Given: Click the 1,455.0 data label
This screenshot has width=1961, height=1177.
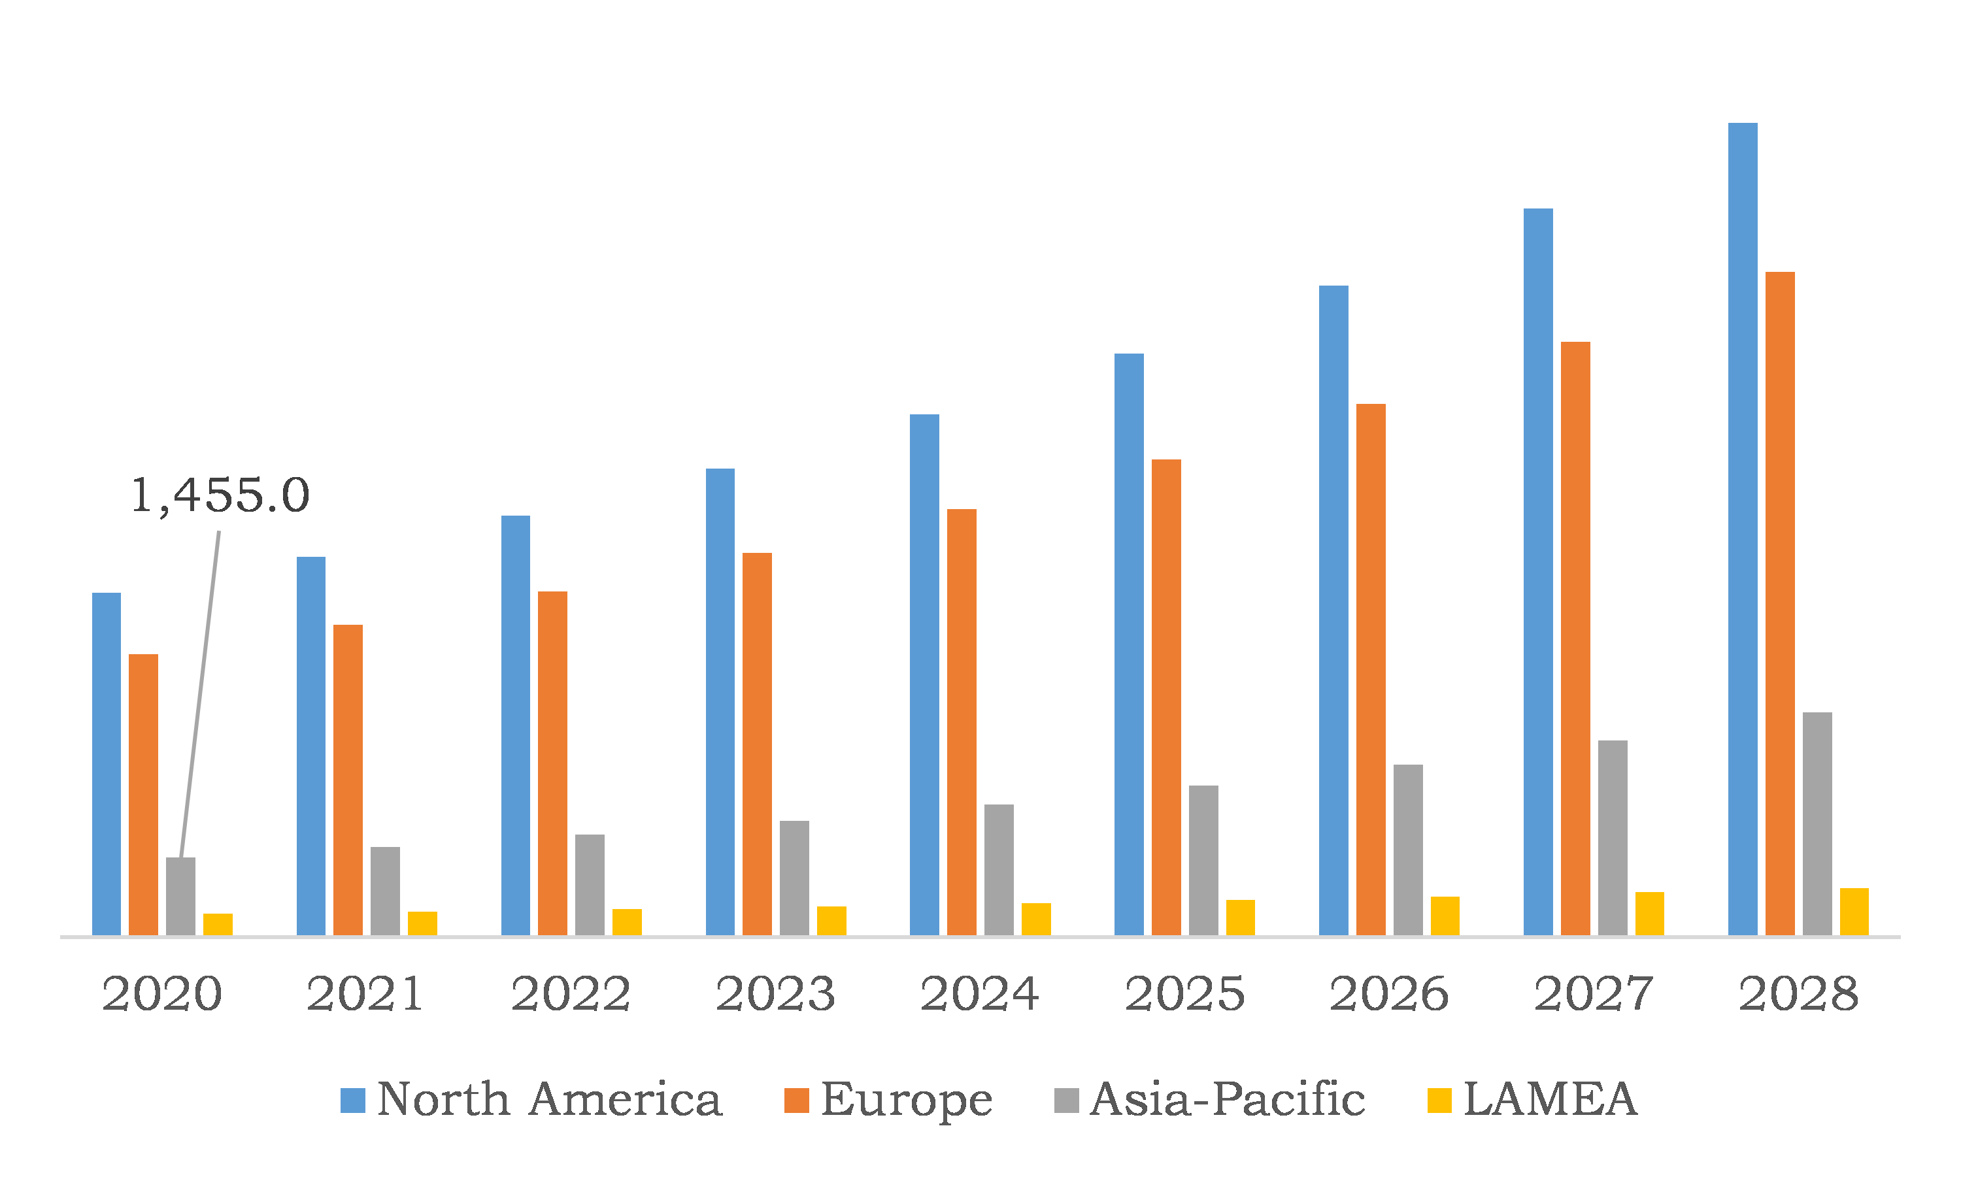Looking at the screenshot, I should [220, 496].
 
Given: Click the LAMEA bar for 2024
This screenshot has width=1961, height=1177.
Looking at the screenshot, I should [1036, 920].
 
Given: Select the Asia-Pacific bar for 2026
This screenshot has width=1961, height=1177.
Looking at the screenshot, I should [1408, 850].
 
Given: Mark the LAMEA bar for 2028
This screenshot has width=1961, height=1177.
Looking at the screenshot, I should [1854, 912].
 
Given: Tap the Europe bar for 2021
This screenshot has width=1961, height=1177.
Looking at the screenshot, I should [348, 780].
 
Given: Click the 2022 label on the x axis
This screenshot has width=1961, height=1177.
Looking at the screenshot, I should [571, 994].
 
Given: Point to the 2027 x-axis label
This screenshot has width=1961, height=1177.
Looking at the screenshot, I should [1594, 994].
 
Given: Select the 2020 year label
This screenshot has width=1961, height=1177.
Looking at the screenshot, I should [162, 994].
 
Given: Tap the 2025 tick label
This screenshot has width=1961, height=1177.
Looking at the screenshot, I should [1185, 994].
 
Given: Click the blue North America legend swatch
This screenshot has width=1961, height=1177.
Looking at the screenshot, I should [353, 1101].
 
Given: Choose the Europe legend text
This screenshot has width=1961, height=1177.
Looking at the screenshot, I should [906, 1100].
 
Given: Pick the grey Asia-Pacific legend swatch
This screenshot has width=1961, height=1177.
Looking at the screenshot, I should [1066, 1101].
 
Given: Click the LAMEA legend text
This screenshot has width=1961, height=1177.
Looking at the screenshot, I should [1550, 1100].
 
